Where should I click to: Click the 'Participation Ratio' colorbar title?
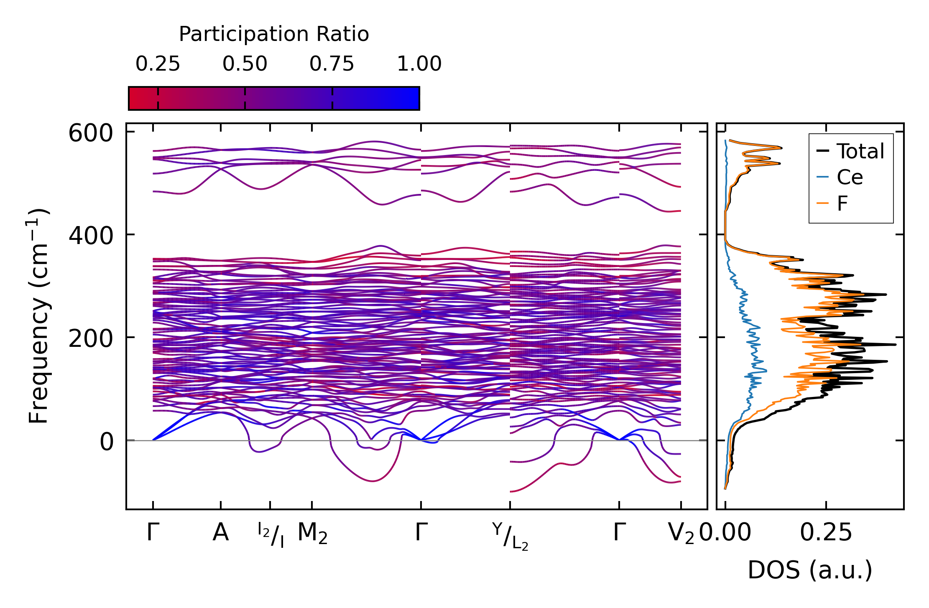274,34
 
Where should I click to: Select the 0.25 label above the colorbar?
158,64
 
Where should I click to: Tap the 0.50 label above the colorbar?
245,64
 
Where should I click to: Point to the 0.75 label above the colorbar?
332,64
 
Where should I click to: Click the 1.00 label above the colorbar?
419,64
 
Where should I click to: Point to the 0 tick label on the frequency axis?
107,442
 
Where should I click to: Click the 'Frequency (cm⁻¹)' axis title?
39,316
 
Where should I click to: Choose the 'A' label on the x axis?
220,533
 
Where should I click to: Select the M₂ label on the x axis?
312,534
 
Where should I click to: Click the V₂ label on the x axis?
681,534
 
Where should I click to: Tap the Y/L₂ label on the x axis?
510,536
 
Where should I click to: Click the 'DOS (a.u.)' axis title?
810,570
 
